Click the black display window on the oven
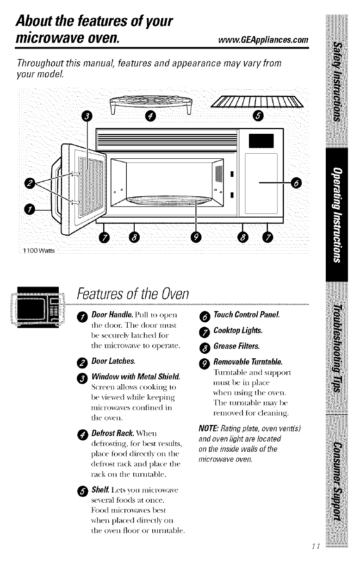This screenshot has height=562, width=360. (x=261, y=139)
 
